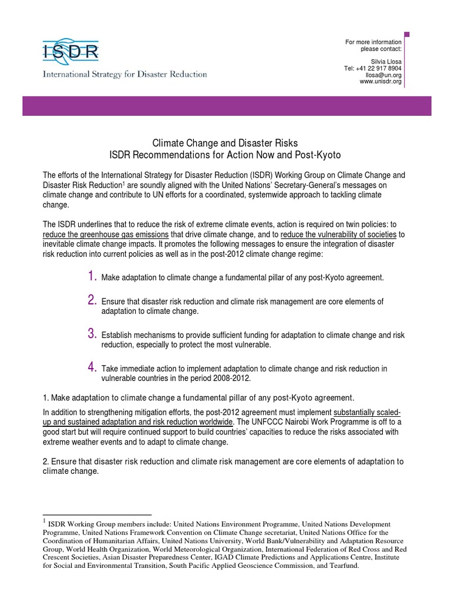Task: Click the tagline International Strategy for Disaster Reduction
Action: [x=124, y=75]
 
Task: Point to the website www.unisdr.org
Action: [x=381, y=81]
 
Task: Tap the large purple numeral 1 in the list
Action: [x=92, y=276]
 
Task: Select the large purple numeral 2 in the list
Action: [x=92, y=300]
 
